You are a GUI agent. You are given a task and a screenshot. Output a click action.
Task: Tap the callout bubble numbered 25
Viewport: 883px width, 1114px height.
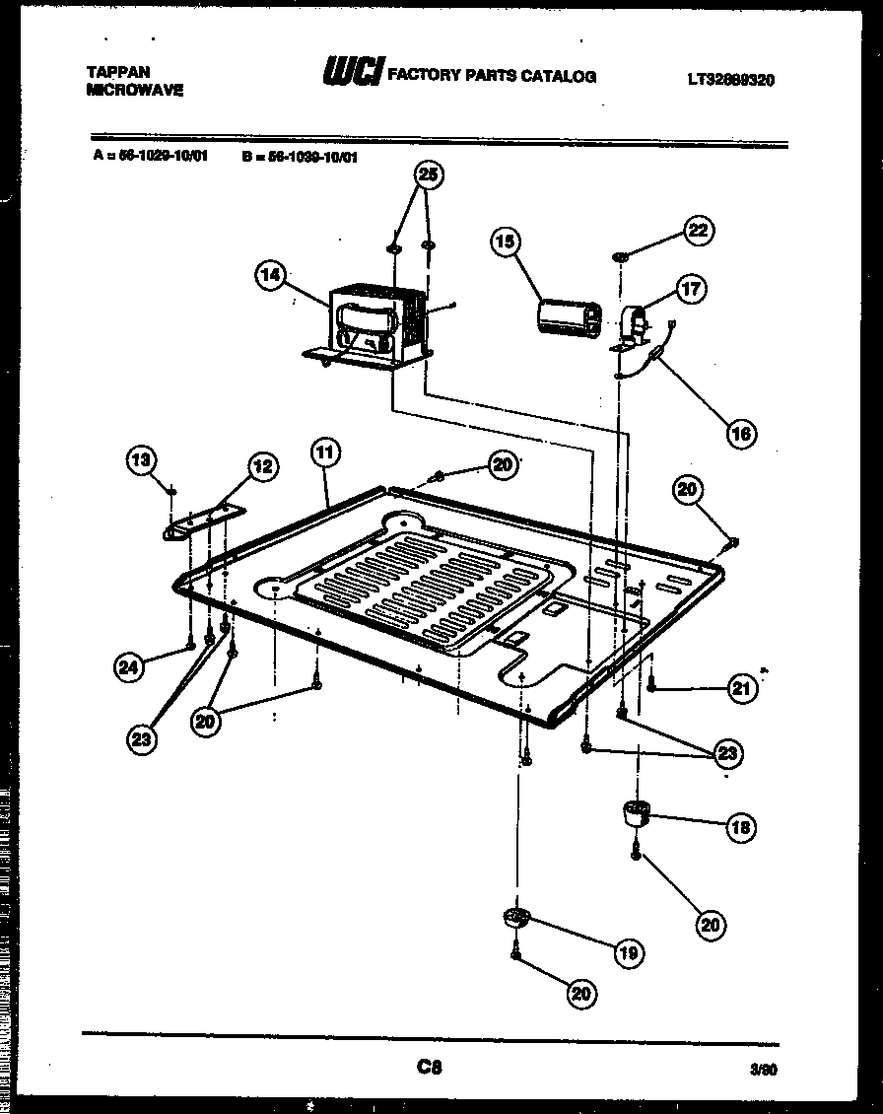[x=427, y=175]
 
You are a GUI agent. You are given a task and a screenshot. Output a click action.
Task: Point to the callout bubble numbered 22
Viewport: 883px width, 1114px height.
[x=698, y=231]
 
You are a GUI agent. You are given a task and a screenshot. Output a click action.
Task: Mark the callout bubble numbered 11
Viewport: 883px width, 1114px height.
[x=325, y=453]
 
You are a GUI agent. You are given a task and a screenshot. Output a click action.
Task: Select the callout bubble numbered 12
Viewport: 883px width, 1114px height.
[x=261, y=466]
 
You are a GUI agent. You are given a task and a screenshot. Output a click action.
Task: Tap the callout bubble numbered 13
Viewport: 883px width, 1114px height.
[x=143, y=458]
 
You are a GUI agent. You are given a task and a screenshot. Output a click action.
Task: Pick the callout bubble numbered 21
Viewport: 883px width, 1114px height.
[x=742, y=690]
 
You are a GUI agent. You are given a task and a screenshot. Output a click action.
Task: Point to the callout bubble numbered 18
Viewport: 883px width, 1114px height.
[x=740, y=827]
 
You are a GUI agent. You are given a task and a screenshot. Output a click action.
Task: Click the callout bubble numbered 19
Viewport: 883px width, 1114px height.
[x=629, y=952]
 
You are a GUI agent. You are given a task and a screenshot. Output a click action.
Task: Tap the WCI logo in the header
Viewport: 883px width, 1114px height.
[x=352, y=73]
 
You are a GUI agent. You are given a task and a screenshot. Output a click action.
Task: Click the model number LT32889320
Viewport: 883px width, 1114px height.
[x=730, y=80]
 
